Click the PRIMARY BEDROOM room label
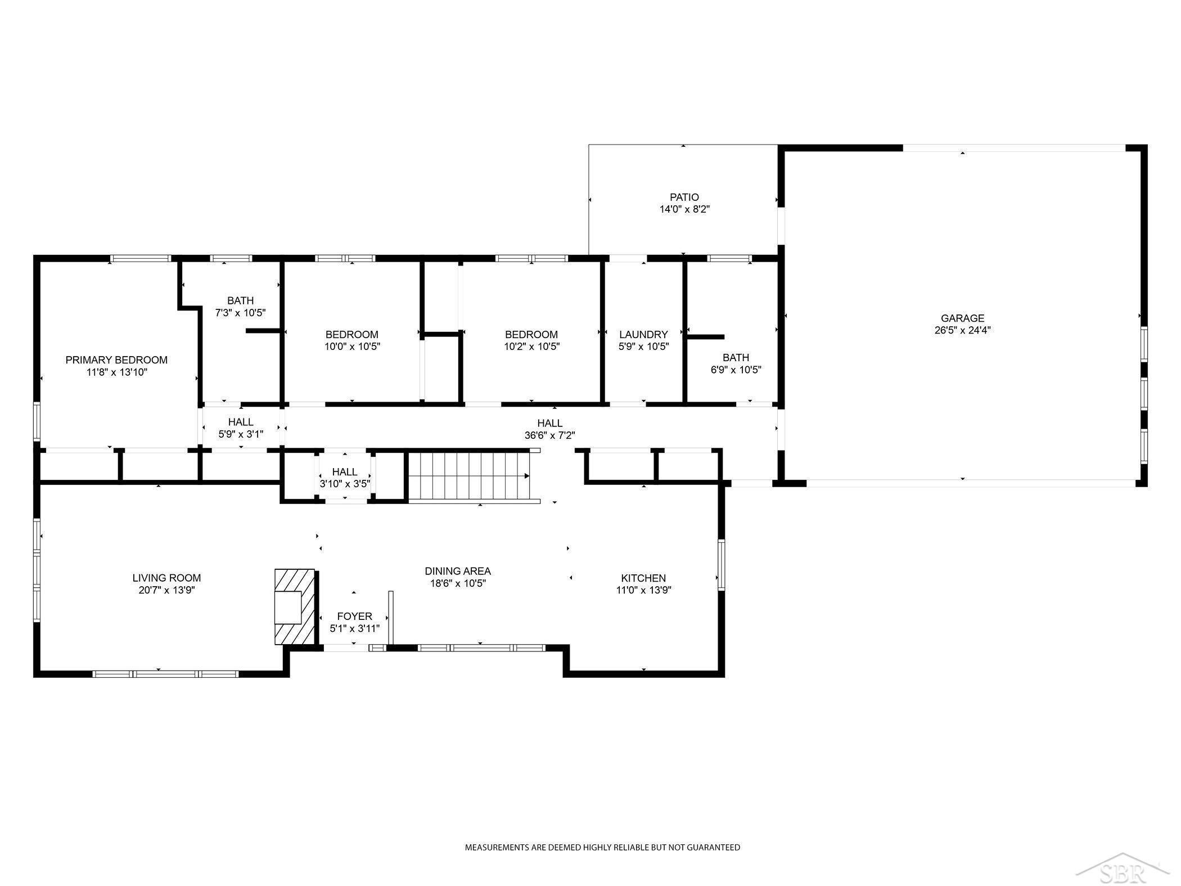coord(116,360)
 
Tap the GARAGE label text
coord(962,318)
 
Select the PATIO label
coord(684,197)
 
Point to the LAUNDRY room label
coord(643,335)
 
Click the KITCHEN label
coord(643,578)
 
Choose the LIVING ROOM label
coord(166,578)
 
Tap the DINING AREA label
coord(458,572)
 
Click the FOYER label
coord(354,617)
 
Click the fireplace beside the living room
coord(295,607)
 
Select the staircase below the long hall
coord(468,476)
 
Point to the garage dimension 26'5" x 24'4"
coord(962,331)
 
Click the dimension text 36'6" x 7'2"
coord(549,435)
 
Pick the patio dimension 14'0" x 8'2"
coord(684,210)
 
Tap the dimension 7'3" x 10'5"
coord(240,313)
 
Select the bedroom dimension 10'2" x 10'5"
coord(531,347)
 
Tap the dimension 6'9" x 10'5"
coord(736,370)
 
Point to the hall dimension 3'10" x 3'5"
coord(344,484)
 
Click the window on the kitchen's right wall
coord(721,564)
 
